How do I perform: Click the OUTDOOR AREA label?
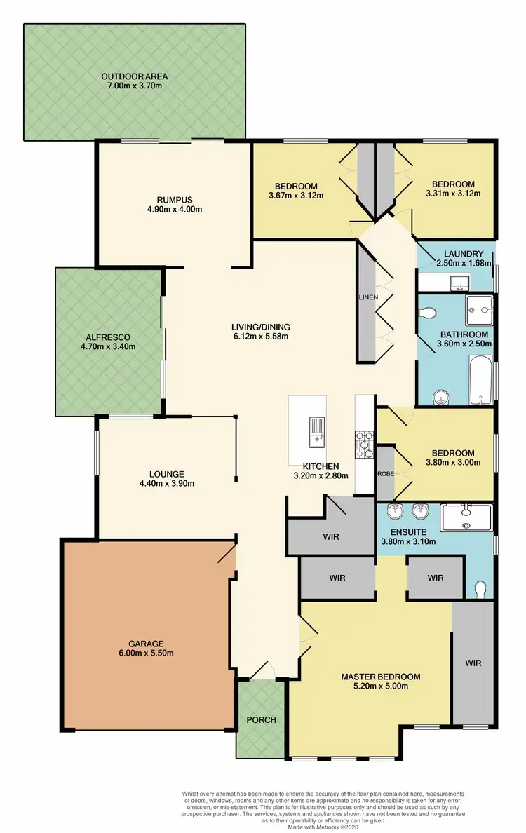pyautogui.click(x=135, y=76)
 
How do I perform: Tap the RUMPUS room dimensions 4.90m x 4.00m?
pyautogui.click(x=170, y=209)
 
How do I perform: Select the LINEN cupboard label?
pyautogui.click(x=368, y=297)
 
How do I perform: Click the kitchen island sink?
pyautogui.click(x=318, y=431)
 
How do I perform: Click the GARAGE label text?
pyautogui.click(x=146, y=643)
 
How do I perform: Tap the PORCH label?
pyautogui.click(x=260, y=720)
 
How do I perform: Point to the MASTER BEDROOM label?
pyautogui.click(x=381, y=677)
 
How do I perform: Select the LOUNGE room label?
pyautogui.click(x=167, y=473)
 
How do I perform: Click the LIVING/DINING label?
pyautogui.click(x=261, y=327)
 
